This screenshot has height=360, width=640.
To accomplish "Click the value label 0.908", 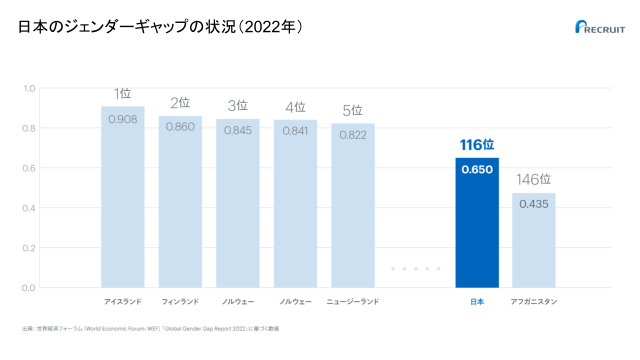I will pos(122,119).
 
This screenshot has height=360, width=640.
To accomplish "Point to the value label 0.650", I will pos(477,169).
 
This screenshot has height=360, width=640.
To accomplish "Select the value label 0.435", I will pos(533,204).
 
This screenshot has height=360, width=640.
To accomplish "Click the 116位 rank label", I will pos(477,145).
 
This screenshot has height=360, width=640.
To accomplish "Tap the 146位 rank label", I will pos(533,179).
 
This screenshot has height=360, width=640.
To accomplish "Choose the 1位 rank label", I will pos(122,93).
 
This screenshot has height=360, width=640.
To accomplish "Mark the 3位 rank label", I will pos(238,105).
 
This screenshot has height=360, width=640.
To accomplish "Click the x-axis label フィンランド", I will pos(180,302).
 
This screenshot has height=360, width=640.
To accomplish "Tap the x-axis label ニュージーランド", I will pos(353,302).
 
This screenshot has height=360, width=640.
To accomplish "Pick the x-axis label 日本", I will pos(477,302).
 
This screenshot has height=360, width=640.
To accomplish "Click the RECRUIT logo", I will pos(600,27).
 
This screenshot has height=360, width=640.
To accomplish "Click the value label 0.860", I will pos(180,127).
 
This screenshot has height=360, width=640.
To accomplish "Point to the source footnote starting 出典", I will pos(150,329).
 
